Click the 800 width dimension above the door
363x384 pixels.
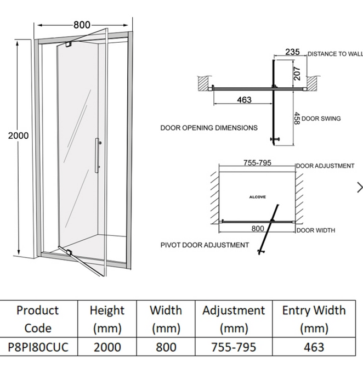point(82,25)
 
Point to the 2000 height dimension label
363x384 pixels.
point(18,135)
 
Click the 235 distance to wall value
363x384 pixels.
point(293,53)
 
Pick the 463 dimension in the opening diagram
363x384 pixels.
point(244,100)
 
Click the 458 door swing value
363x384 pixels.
point(297,118)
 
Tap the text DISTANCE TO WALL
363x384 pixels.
point(334,54)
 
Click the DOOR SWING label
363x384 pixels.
point(321,118)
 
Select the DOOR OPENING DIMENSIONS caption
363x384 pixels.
point(208,128)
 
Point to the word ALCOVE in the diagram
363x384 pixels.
point(257,196)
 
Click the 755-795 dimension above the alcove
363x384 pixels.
point(257,163)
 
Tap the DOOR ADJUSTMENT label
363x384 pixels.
point(326,166)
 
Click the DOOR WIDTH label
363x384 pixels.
point(316,230)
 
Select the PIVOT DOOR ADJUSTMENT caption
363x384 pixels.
point(205,245)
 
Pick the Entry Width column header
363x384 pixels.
point(314,319)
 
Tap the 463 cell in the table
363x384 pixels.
point(314,347)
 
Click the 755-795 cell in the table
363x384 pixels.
point(234,347)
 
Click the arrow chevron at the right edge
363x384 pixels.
point(359,188)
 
